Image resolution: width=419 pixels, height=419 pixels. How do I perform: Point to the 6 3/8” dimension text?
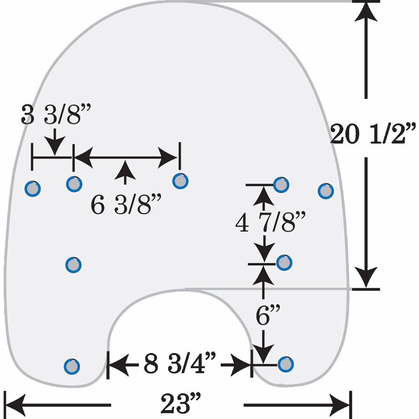point(126,204)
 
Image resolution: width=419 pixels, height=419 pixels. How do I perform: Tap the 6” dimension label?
point(268,315)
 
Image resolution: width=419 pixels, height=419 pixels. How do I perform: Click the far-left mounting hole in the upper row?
point(33,189)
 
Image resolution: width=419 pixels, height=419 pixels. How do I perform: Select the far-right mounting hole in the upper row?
point(326,191)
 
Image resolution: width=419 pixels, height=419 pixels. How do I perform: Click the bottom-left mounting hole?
point(72,366)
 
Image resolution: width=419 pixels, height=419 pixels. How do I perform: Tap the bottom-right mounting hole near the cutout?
point(286,364)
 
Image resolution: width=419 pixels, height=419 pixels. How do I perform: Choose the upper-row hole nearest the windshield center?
point(180,181)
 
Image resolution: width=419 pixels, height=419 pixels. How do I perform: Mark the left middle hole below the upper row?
point(73,265)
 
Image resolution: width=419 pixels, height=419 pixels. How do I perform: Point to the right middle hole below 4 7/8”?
point(284,263)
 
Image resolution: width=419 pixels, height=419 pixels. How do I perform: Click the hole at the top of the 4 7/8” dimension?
point(281,185)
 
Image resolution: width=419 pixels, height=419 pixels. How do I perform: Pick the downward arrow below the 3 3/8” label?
point(55,142)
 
